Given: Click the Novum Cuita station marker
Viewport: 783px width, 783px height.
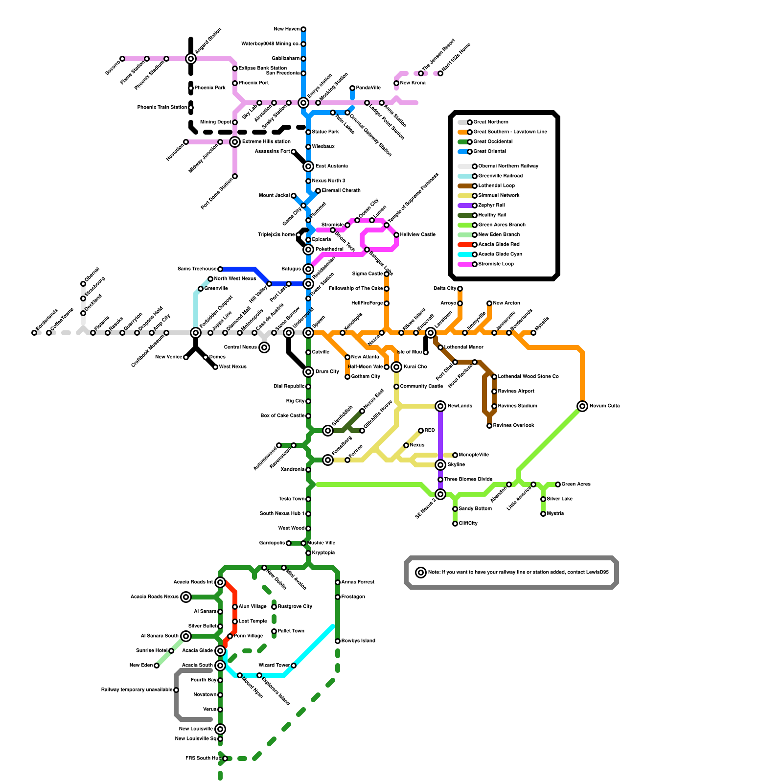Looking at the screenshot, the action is point(582,406).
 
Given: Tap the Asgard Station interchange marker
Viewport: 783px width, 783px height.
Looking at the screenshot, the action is point(191,59).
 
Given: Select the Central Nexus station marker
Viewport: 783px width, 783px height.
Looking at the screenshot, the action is point(264,347).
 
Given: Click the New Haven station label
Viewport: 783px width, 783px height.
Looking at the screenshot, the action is point(286,29).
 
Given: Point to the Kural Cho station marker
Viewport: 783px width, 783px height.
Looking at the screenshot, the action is point(396,367).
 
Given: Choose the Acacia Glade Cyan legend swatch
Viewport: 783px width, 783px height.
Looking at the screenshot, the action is point(465,254).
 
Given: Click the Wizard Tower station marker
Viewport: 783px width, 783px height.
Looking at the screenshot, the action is point(294,666).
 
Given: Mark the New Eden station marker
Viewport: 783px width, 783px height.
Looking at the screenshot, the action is point(157,666).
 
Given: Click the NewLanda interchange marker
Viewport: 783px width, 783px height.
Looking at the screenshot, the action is point(440,406).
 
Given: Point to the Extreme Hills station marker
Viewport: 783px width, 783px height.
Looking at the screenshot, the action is point(235,142).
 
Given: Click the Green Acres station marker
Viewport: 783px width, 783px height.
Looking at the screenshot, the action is point(558,484).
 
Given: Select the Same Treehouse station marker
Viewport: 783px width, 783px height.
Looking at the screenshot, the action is point(220,269).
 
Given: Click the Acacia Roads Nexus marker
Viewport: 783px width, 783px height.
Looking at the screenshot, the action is point(186,597).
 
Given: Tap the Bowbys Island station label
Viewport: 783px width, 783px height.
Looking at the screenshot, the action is point(358,641).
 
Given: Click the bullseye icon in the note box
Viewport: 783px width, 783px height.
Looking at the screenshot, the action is point(421,573).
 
